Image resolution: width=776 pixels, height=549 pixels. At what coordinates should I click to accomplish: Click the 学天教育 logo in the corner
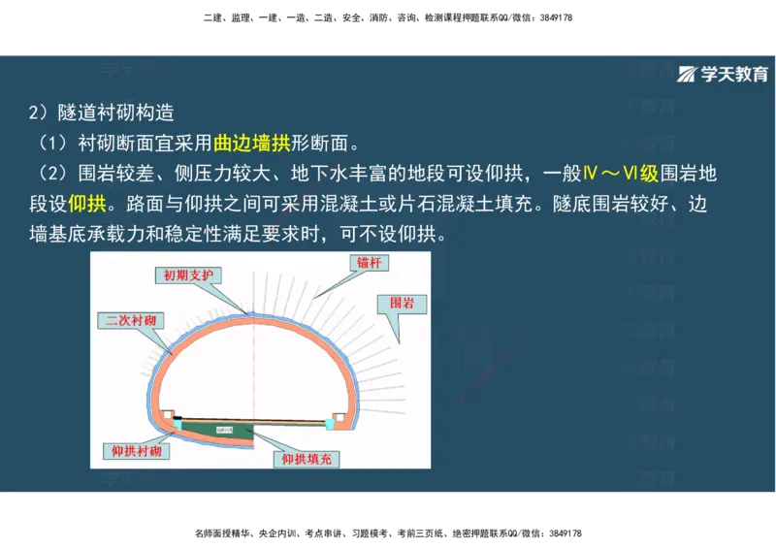pos(722,74)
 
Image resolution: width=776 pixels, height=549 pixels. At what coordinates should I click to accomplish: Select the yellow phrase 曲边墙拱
pos(251,144)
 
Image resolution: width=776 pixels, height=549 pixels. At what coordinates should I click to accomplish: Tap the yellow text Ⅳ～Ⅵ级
pos(621,175)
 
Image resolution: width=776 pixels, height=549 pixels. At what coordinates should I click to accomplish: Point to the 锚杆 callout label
pos(370,263)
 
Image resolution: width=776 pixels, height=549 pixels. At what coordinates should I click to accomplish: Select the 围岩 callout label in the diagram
pos(403,303)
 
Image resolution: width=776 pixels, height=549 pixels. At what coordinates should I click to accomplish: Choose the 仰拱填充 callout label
pos(307,459)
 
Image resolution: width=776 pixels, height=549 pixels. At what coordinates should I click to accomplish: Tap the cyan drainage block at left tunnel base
pos(178,424)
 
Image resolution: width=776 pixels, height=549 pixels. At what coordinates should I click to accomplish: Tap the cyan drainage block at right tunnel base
pos(330,424)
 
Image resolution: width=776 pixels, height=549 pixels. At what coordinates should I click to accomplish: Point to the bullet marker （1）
pos(51,144)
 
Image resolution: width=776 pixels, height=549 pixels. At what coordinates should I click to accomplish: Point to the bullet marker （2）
pos(51,175)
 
